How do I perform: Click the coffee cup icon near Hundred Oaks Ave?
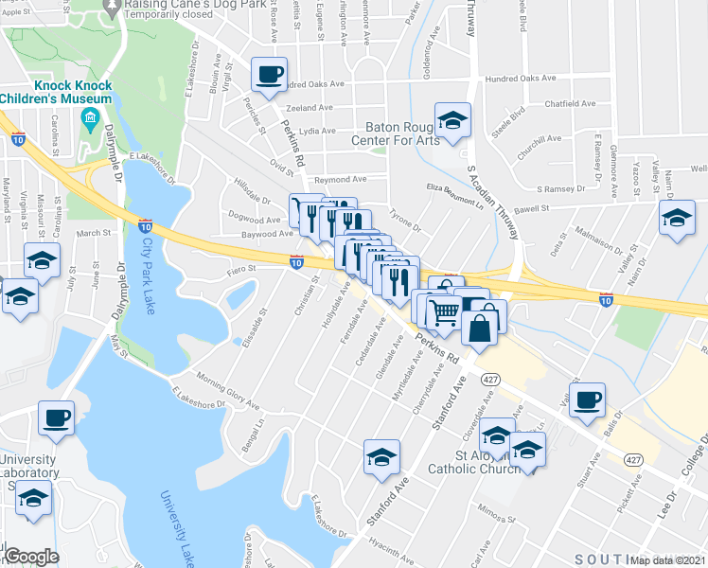coord(270,74)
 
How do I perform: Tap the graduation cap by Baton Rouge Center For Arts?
coord(452,120)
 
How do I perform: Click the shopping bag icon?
coord(481,327)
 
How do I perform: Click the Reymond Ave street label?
coord(341,179)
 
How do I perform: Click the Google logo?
coord(31,557)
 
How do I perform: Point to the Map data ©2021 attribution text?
coord(669,560)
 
